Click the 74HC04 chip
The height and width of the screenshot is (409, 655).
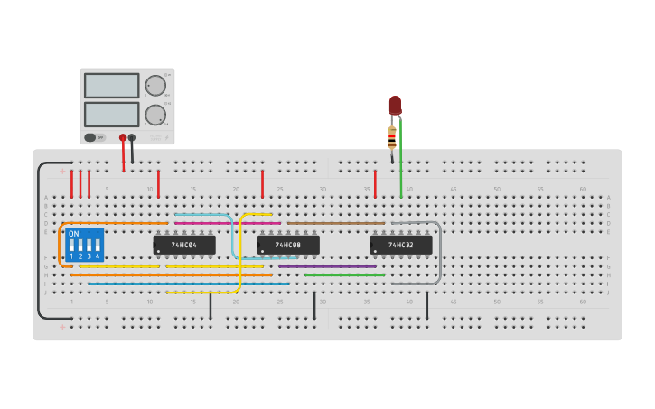[x=184, y=245]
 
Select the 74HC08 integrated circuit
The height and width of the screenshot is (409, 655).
[x=288, y=245]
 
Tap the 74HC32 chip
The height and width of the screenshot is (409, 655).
[x=401, y=245]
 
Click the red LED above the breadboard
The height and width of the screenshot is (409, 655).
[x=395, y=105]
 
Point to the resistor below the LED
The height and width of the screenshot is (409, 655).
[x=391, y=137]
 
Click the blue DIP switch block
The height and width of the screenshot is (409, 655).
[x=85, y=245]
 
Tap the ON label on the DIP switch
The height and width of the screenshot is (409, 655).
[x=74, y=234]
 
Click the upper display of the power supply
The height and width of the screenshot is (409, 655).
[x=112, y=86]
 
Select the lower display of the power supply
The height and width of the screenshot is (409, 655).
[x=112, y=115]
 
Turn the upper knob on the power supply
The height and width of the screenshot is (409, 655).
[x=155, y=86]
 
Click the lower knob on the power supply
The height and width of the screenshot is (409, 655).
[x=155, y=115]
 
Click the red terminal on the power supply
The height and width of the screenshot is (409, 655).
[x=123, y=138]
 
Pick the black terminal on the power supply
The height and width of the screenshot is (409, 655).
[x=132, y=138]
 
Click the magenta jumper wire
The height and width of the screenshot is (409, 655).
[x=226, y=223]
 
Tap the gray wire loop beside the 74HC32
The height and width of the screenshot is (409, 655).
[x=440, y=253]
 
